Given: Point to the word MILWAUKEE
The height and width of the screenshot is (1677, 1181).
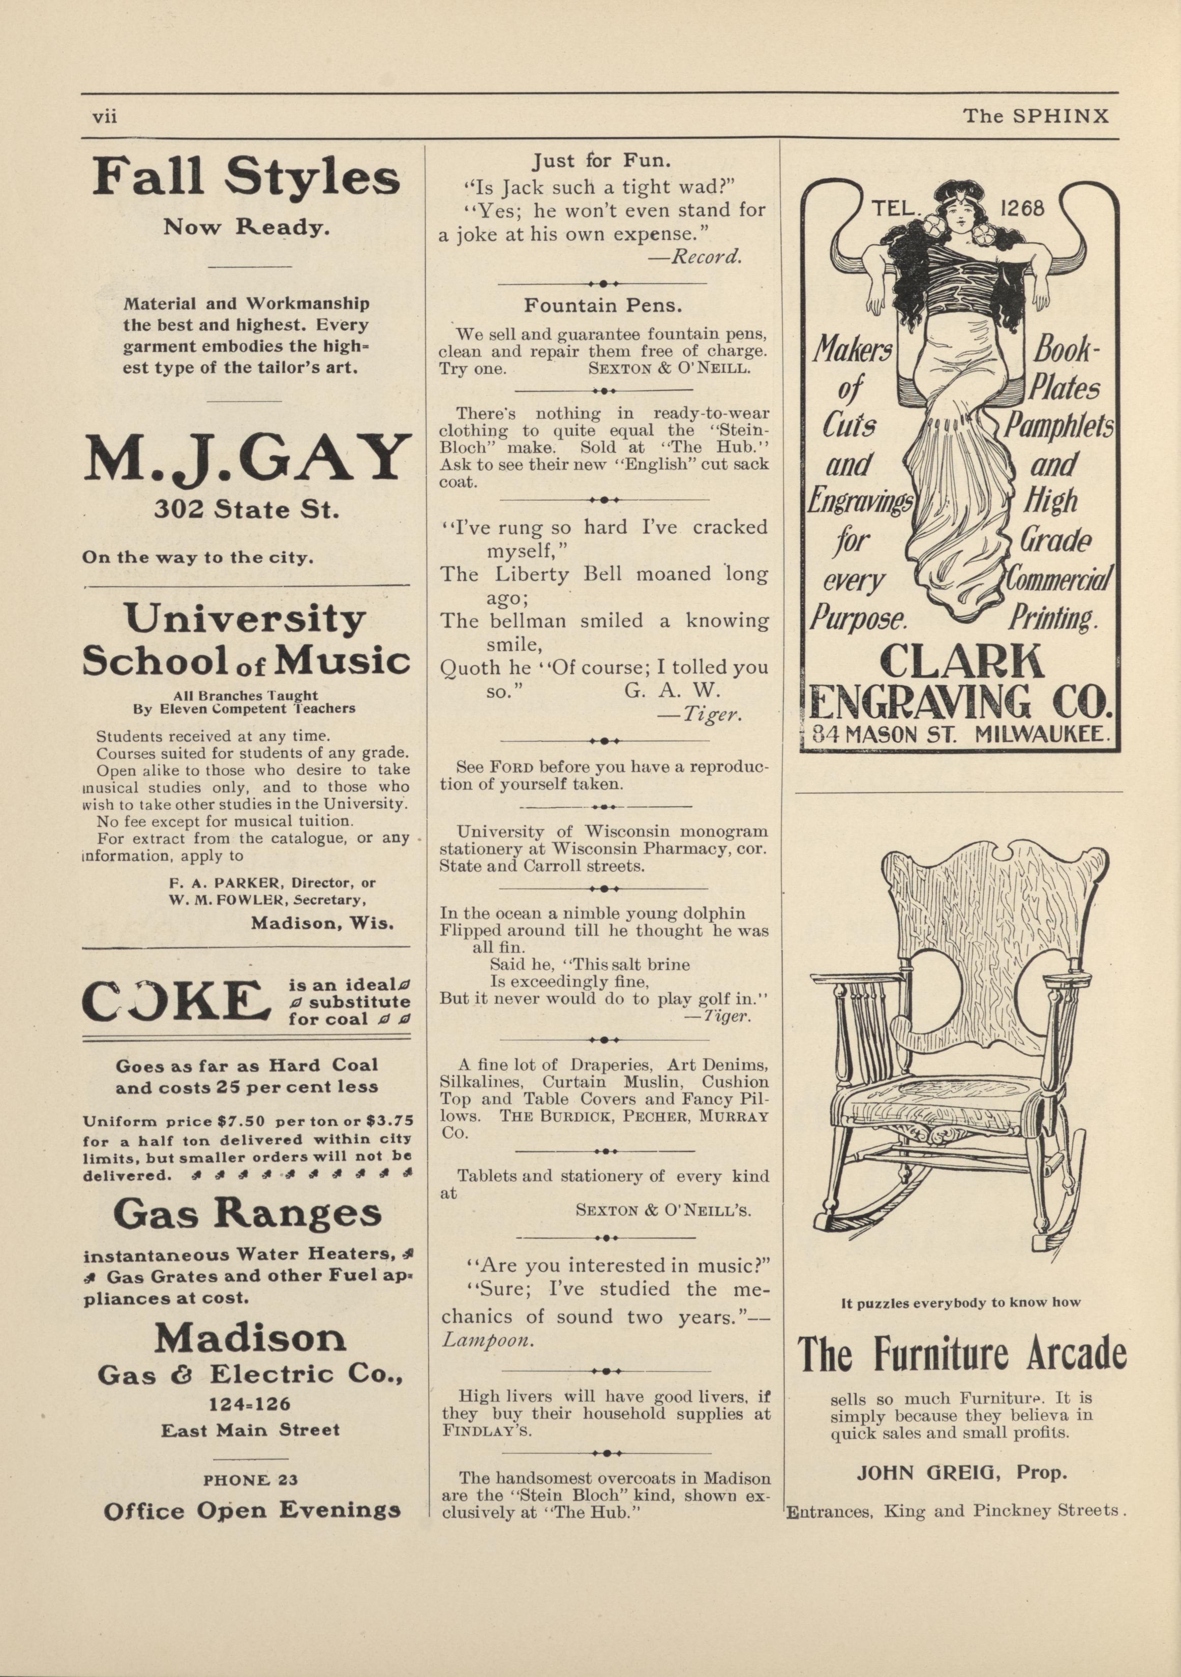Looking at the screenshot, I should point(1042,735).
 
